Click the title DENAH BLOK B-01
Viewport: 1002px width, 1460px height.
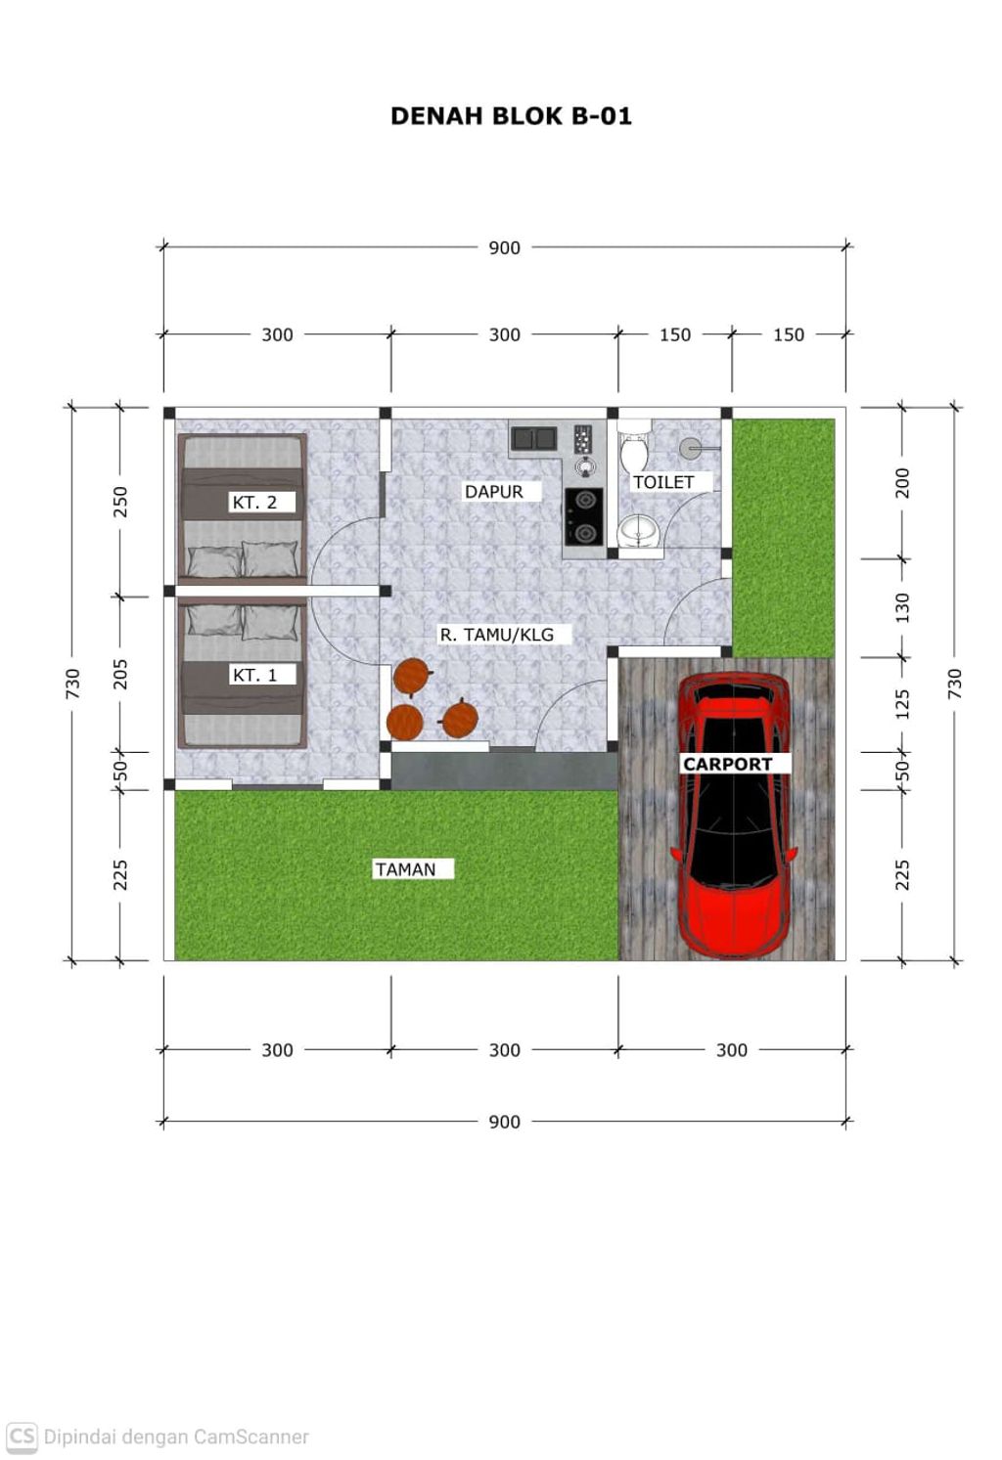coord(511,116)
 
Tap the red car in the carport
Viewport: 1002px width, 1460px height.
coord(735,816)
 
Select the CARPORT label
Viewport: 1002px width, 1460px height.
coord(727,764)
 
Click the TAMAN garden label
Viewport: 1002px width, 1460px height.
coord(405,869)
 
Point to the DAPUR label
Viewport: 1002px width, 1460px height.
coord(494,492)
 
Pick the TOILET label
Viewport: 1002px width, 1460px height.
coord(663,482)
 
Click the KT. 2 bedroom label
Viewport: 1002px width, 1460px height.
coord(254,503)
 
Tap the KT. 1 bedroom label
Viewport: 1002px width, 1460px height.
coord(254,675)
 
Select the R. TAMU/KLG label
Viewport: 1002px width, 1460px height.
coord(496,635)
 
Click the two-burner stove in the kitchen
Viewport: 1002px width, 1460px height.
coord(584,517)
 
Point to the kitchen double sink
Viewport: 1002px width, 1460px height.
coord(534,438)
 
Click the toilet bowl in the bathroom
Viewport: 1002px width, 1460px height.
coord(634,447)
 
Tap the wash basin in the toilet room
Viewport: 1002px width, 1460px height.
coord(640,532)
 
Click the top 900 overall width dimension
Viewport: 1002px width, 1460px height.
coord(504,247)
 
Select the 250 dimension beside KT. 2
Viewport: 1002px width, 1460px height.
coord(120,502)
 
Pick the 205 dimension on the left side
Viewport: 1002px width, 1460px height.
coord(120,675)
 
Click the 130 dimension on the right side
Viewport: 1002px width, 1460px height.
coord(902,608)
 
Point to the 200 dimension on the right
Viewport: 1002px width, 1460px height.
coord(902,483)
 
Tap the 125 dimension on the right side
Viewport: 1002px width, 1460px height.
coord(902,705)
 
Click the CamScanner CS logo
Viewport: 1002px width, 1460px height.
coord(22,1438)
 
